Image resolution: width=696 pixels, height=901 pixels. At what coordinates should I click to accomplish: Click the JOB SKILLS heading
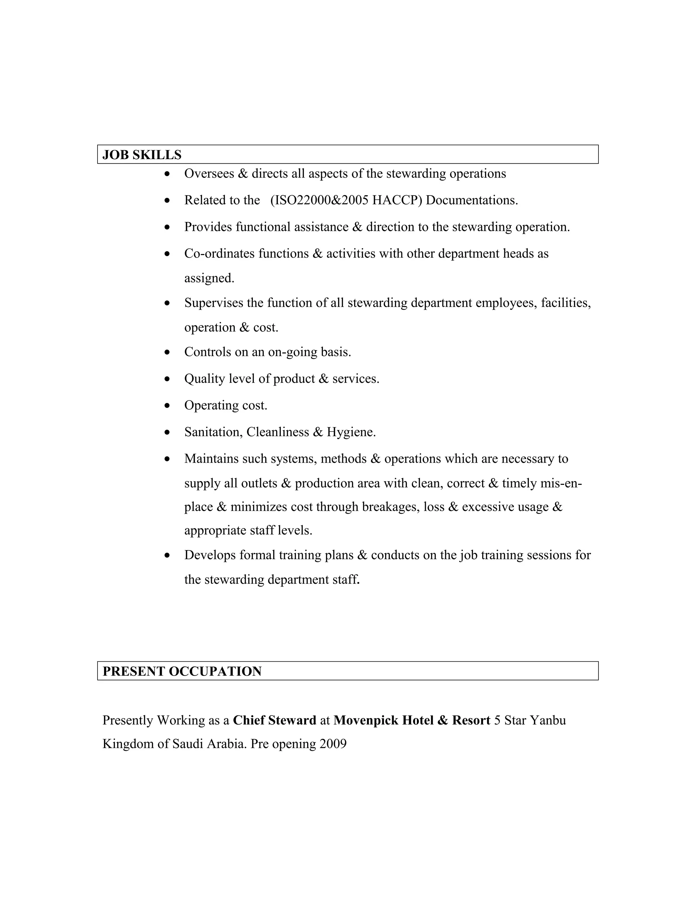[x=142, y=155]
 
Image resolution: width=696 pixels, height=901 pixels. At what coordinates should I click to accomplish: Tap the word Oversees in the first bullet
[x=209, y=174]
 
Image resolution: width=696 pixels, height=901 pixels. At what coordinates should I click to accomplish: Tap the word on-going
[x=292, y=352]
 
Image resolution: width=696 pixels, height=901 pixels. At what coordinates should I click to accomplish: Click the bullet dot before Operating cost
[x=167, y=406]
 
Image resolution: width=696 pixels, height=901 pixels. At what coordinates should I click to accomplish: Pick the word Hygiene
[x=350, y=432]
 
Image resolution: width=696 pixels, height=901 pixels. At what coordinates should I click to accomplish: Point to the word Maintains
[x=211, y=459]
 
